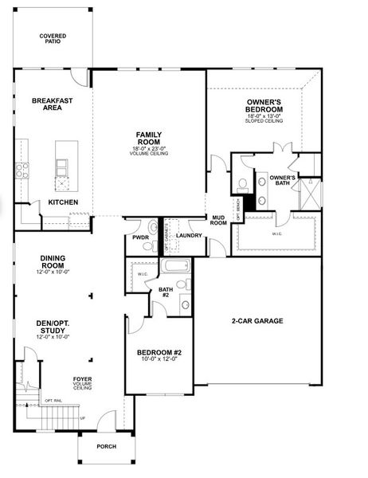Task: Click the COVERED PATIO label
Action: (54, 38)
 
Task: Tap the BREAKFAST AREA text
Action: (47, 104)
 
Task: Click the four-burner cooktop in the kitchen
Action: (23, 170)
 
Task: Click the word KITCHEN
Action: (63, 202)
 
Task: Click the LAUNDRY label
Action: (188, 236)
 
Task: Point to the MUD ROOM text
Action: (217, 221)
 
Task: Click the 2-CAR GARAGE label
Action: (256, 321)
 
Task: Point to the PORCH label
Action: (106, 446)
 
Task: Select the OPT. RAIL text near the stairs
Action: (53, 400)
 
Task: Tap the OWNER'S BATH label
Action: (282, 180)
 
